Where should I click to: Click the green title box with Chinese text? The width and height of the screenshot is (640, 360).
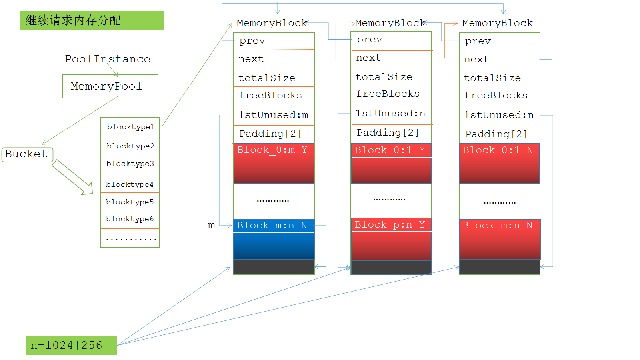click(92, 20)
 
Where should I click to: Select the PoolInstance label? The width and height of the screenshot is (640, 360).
click(108, 59)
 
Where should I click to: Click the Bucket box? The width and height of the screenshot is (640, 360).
click(27, 154)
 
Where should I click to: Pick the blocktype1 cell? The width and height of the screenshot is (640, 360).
click(130, 127)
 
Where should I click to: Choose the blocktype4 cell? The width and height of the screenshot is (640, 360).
click(130, 184)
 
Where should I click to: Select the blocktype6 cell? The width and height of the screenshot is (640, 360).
click(130, 219)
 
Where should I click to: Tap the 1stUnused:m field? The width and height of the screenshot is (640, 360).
click(274, 115)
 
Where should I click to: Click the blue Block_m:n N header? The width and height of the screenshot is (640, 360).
click(274, 226)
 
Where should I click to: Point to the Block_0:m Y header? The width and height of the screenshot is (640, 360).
click(274, 150)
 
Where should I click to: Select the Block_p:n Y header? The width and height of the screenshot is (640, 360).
click(391, 225)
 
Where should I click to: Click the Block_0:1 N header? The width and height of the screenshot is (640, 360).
click(500, 150)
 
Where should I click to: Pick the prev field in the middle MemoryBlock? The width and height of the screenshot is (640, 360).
click(391, 40)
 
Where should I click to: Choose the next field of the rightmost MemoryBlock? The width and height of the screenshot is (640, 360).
click(500, 60)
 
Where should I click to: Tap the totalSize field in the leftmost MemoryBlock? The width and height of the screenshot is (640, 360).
click(274, 78)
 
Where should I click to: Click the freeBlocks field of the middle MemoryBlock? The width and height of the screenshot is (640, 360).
click(391, 94)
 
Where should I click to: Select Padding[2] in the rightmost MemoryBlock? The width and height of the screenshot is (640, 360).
click(500, 134)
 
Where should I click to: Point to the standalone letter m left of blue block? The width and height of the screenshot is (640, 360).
click(212, 226)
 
